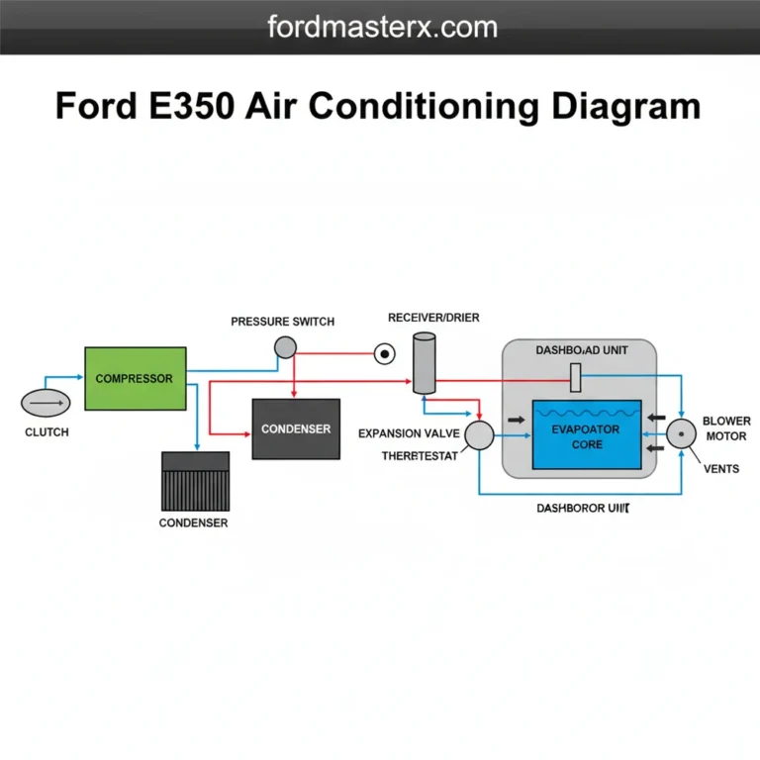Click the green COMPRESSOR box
(x=135, y=379)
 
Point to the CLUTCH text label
(x=47, y=433)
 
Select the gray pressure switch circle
(x=285, y=346)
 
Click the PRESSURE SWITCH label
(x=282, y=322)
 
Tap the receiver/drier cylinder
(x=424, y=362)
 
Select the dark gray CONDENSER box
(x=296, y=428)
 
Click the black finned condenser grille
(x=195, y=481)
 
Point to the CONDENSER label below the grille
(x=193, y=522)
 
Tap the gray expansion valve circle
(x=479, y=435)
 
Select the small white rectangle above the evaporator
(x=575, y=377)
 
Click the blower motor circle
(x=681, y=434)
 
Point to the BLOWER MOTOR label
(x=726, y=428)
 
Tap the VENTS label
(x=720, y=468)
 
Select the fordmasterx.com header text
(x=380, y=27)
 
